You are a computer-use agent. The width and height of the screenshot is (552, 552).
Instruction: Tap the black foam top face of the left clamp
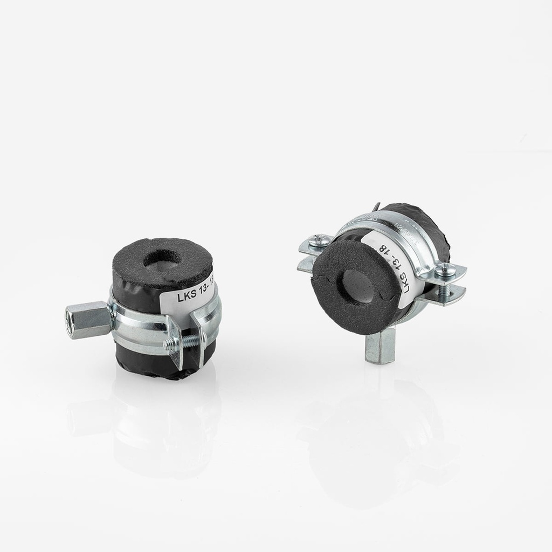click(x=161, y=261)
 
